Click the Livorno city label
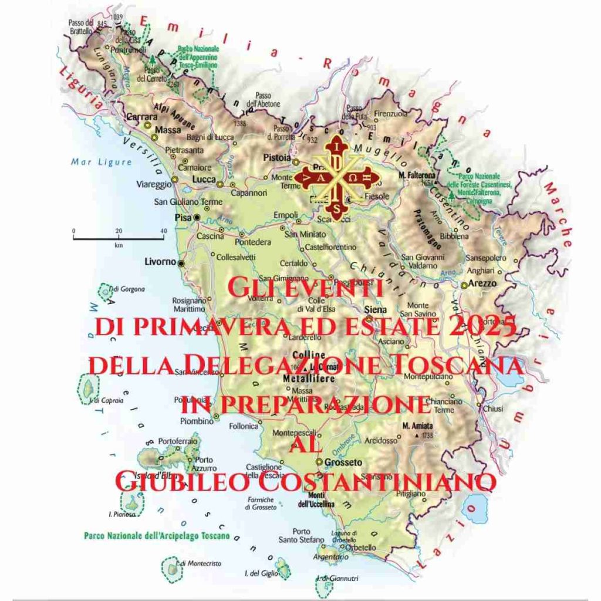point(160,262)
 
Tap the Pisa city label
point(180,217)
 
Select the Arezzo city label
point(482,283)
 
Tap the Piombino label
point(197,421)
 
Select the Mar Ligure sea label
point(93,162)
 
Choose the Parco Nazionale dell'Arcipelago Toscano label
point(157,536)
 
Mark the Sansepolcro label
point(485,258)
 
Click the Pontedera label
point(253,242)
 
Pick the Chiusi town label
point(492,408)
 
